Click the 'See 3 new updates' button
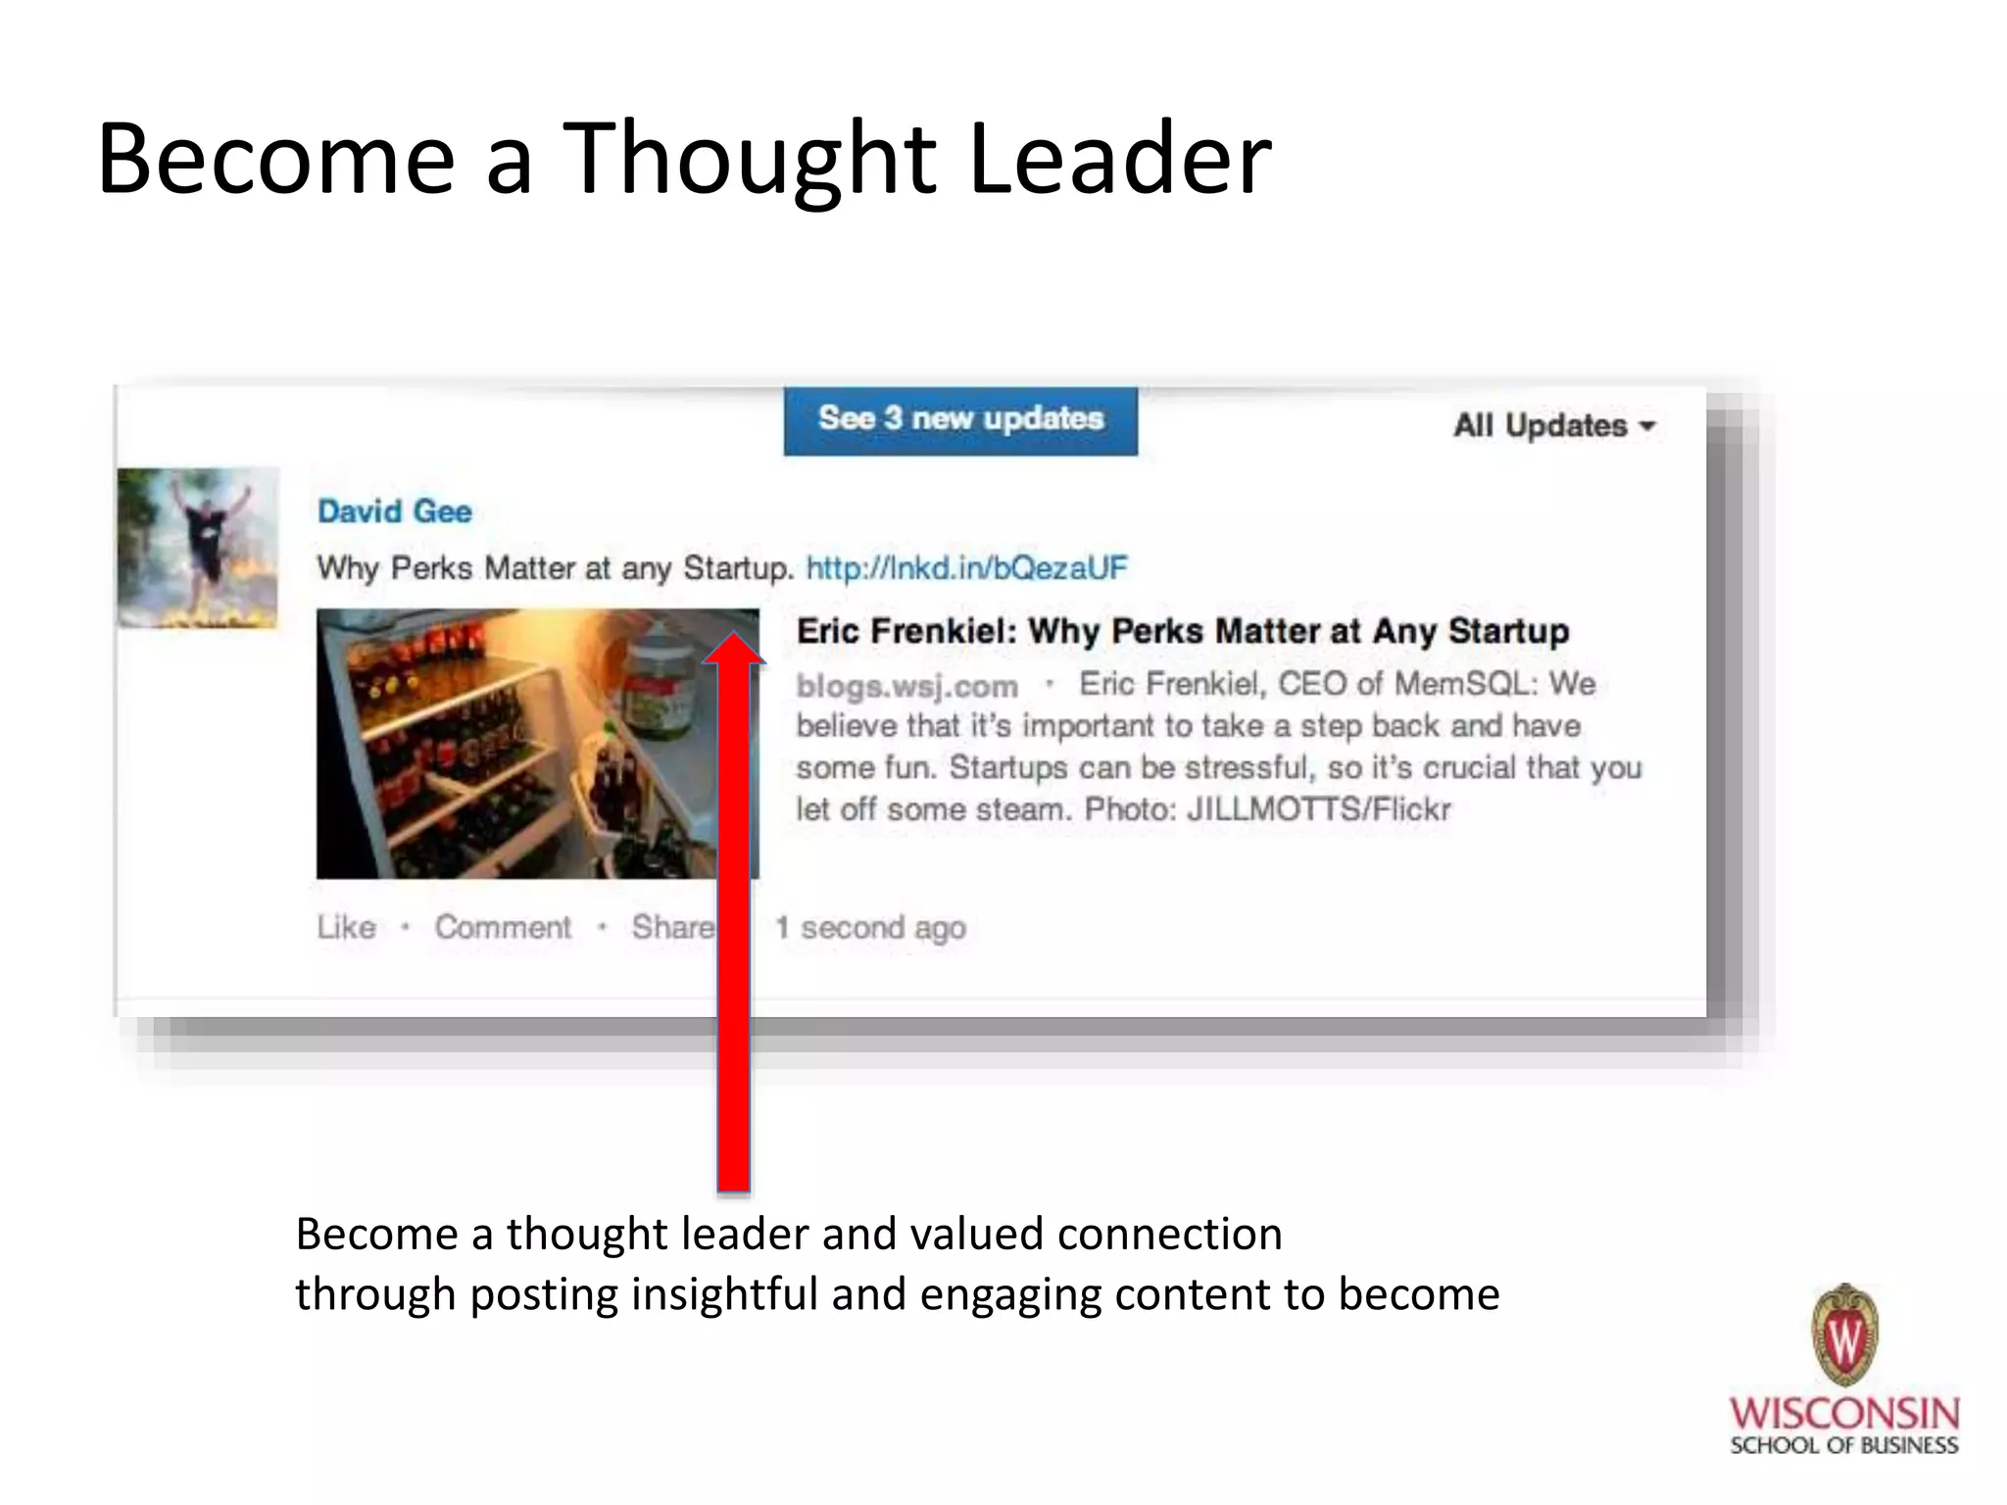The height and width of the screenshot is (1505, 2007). click(x=960, y=419)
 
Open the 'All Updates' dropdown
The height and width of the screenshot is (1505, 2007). click(x=1553, y=426)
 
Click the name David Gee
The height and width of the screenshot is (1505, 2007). click(x=394, y=511)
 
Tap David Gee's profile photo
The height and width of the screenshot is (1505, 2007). click(x=198, y=548)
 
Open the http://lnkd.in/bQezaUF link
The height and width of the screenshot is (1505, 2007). click(x=966, y=568)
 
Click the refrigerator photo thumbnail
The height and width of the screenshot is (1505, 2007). click(x=519, y=744)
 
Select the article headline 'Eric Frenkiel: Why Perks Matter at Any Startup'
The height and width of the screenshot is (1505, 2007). click(x=1182, y=631)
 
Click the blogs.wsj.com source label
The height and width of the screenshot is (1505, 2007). click(x=906, y=686)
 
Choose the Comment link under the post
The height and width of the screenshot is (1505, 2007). click(x=503, y=927)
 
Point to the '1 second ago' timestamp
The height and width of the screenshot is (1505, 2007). click(x=870, y=927)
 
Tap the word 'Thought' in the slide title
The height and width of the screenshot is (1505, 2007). click(x=749, y=159)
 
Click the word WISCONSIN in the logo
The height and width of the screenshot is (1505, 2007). click(x=1843, y=1413)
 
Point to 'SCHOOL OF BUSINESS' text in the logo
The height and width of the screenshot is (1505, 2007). click(x=1843, y=1446)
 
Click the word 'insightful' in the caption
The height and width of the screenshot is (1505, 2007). click(x=724, y=1294)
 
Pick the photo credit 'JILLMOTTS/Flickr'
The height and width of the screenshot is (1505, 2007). click(x=1318, y=810)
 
